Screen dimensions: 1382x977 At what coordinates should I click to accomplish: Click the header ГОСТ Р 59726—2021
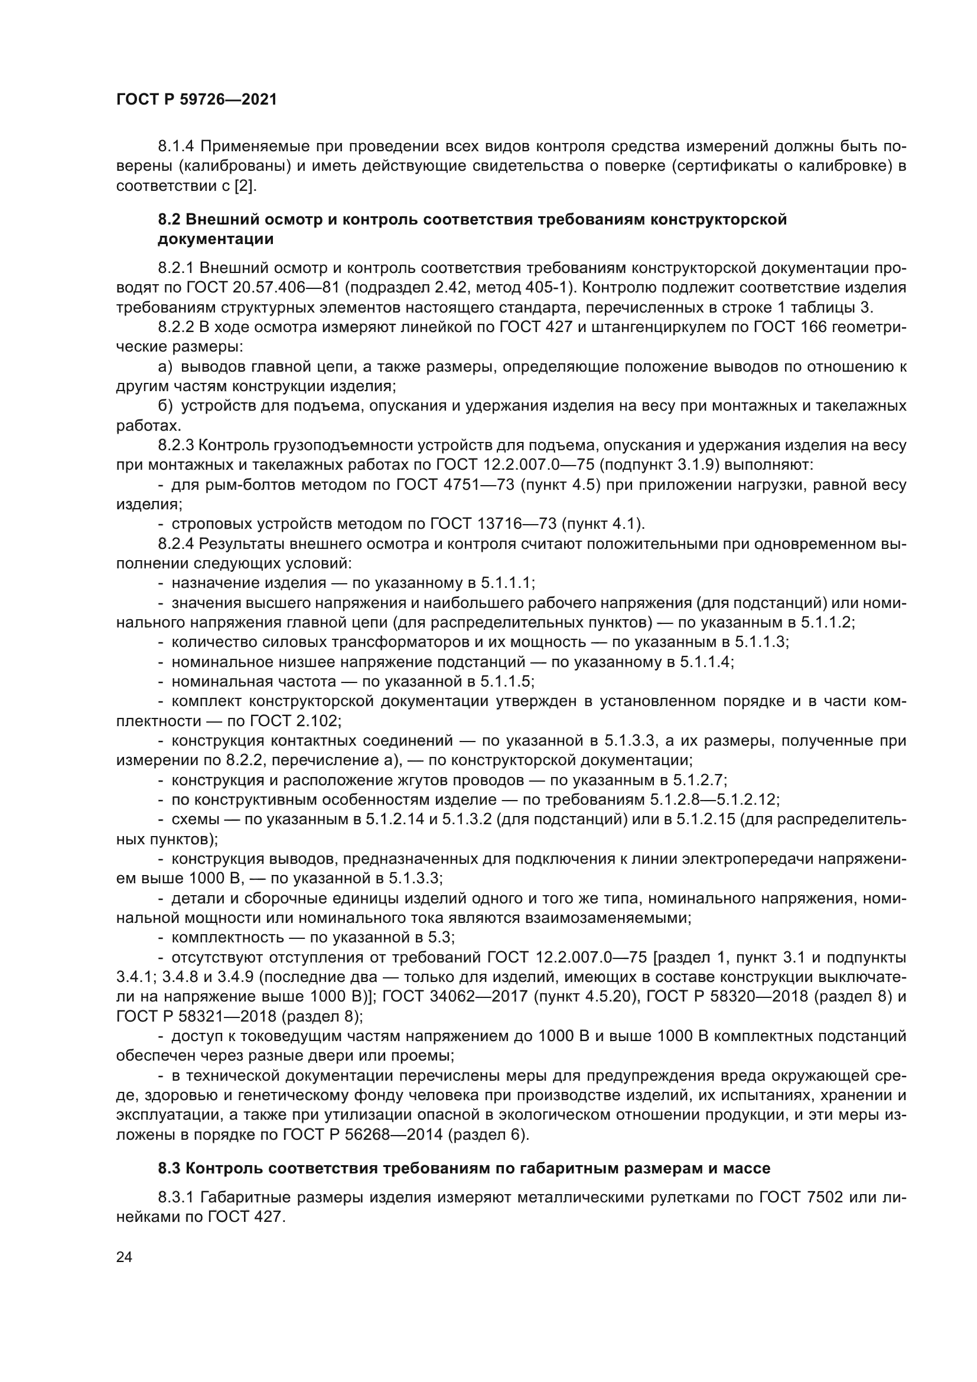[x=197, y=100]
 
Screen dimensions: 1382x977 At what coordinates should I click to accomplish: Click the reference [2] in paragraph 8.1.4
[x=245, y=186]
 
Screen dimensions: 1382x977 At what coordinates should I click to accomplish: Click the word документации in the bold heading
[x=216, y=239]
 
